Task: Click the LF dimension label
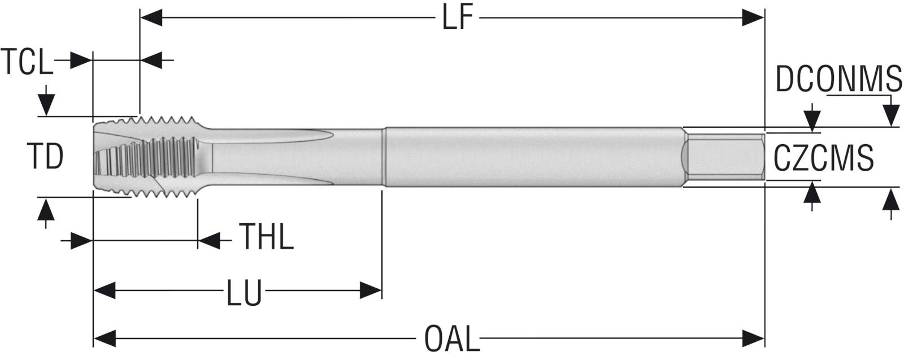[457, 18]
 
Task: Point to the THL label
[266, 237]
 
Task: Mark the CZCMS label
[823, 158]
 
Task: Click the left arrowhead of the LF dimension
[151, 18]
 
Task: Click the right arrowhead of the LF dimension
[753, 18]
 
